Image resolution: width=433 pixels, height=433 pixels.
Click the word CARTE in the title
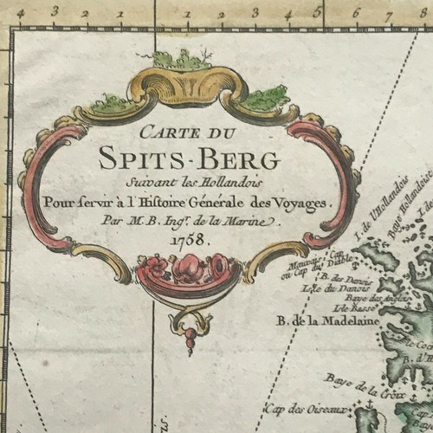pos(152,135)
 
